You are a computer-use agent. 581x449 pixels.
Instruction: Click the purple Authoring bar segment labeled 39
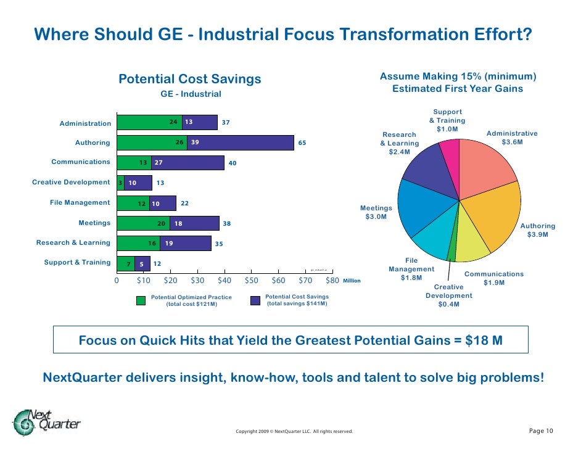241,142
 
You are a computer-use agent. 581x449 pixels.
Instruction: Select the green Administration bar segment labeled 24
149,122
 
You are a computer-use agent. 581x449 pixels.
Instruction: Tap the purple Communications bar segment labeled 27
187,163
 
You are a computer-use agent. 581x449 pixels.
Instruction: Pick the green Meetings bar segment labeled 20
143,223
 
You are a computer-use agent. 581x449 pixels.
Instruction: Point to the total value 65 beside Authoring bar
302,142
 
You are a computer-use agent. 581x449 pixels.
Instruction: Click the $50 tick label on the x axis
251,281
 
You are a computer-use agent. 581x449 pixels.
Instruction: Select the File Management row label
80,202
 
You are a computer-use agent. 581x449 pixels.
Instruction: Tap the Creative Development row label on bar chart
71,183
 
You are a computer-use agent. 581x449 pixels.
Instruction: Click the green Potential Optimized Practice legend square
141,300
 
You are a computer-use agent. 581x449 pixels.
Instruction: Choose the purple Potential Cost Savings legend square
255,300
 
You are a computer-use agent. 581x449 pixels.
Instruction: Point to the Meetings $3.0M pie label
376,212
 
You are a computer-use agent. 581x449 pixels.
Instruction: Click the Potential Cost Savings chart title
190,79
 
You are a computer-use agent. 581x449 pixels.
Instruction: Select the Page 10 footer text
542,430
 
